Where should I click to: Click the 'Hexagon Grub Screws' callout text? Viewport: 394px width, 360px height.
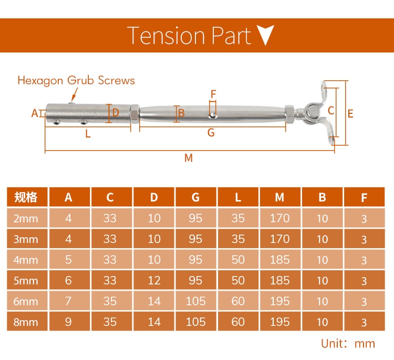76,80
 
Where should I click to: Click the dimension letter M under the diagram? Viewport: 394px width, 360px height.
189,158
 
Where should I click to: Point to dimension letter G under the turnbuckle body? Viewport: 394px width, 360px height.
211,133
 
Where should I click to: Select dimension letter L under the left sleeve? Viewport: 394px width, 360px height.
88,134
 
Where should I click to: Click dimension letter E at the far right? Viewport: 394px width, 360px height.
350,113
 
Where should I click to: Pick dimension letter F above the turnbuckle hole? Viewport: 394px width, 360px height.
213,94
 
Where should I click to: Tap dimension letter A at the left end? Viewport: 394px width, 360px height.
35,113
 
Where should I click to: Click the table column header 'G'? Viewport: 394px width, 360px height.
195,197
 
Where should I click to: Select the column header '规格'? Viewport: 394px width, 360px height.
26,197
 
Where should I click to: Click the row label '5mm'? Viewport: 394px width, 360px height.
26,281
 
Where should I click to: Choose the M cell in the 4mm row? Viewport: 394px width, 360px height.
279,260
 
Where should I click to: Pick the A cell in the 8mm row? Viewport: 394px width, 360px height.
68,322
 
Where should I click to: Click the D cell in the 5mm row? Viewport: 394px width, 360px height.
154,281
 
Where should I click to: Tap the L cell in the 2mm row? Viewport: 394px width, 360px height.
238,218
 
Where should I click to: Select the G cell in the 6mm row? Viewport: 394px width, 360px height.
195,301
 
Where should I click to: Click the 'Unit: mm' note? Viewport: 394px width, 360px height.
348,344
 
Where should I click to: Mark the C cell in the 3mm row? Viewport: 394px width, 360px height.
110,239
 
